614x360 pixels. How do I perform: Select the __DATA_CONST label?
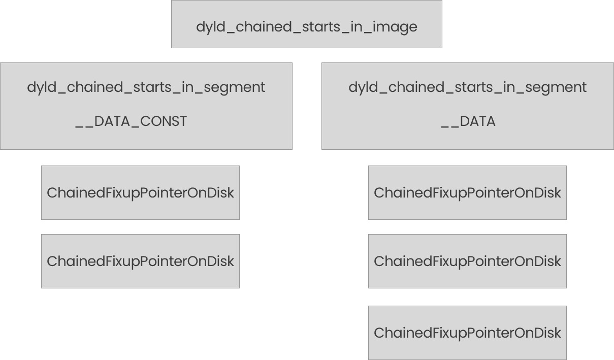coord(131,121)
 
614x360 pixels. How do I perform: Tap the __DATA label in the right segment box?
coord(468,121)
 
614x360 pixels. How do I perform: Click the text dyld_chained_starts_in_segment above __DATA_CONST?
coord(146,87)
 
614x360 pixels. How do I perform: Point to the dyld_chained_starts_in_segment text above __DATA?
coord(467,87)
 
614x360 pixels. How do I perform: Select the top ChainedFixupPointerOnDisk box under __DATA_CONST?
coord(140,192)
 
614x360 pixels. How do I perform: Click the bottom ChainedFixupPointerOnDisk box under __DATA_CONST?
coord(140,261)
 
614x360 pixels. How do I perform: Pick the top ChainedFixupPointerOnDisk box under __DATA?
coord(467,192)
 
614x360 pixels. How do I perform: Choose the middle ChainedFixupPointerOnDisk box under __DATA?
coord(467,261)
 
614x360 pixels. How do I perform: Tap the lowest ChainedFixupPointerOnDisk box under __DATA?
coord(467,333)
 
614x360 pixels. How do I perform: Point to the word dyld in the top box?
coord(208,27)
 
